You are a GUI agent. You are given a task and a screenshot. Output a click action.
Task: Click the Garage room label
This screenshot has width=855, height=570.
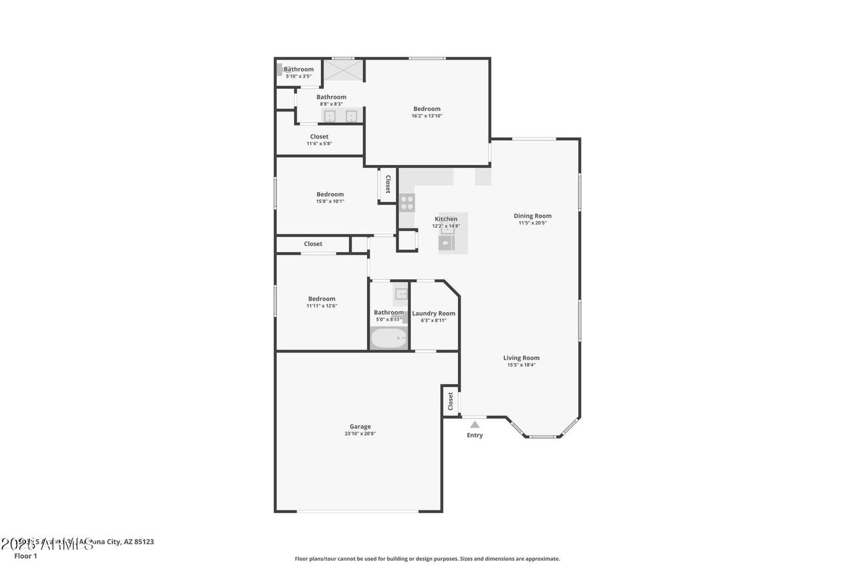point(360,426)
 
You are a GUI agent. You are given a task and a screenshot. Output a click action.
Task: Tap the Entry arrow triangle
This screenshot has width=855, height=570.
point(475,424)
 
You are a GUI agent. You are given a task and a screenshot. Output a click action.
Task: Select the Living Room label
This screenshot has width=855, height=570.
point(521,358)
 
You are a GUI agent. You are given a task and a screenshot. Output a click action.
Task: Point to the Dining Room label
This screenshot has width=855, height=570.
point(532,216)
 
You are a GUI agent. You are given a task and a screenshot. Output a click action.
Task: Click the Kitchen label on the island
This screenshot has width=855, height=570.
point(446,219)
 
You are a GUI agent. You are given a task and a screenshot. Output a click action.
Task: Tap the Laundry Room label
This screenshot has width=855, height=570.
point(433,313)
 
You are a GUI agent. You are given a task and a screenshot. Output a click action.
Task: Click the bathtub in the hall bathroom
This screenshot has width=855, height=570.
point(388,339)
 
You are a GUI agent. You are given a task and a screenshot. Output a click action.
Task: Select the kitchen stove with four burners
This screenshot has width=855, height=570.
point(406,202)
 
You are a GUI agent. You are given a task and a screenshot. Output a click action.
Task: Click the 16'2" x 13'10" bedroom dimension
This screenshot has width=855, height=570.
point(426,116)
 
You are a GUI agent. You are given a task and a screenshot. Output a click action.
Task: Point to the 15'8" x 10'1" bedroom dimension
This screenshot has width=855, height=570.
point(330,201)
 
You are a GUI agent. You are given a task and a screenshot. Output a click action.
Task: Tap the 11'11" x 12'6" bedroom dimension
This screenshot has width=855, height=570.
point(322,306)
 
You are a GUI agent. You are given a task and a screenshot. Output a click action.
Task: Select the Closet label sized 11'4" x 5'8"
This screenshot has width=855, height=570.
point(319,137)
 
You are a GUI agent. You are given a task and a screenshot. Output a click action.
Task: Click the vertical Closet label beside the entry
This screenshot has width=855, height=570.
point(451,401)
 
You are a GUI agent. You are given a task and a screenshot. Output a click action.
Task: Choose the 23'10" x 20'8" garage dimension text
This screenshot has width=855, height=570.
point(360,434)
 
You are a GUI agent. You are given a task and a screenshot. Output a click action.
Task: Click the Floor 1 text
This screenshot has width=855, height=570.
point(25,555)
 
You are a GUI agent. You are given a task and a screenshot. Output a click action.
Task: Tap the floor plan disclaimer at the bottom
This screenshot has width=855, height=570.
point(427,559)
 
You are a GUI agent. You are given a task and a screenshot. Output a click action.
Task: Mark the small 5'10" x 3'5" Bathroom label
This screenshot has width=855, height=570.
point(298,69)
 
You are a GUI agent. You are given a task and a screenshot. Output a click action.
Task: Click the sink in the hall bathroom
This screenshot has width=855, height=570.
point(400,293)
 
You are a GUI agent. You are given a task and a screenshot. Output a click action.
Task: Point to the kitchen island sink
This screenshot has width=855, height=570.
point(447,243)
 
